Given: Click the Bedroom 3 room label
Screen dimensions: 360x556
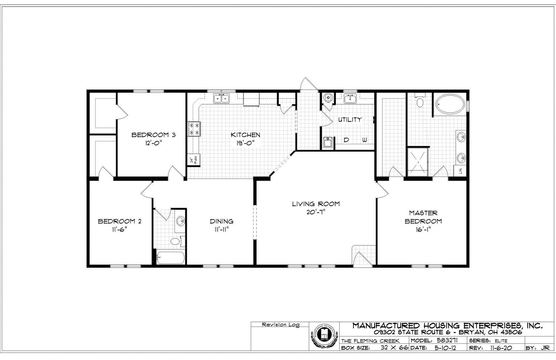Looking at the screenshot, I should [x=153, y=135].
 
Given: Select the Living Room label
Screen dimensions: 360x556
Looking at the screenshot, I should [x=316, y=204].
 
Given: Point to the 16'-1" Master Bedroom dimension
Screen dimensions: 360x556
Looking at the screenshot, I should [x=423, y=230].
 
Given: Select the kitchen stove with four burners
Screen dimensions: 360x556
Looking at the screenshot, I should [x=194, y=129].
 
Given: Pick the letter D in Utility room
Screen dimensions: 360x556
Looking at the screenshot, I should [x=347, y=140].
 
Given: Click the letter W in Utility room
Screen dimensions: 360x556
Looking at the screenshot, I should [x=364, y=140].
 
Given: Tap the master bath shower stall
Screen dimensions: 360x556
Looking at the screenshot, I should [x=418, y=162].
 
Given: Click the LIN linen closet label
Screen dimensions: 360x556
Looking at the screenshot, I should [x=460, y=171].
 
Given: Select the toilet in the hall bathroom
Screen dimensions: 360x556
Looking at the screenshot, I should [x=176, y=241].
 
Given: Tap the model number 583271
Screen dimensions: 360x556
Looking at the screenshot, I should [x=447, y=340].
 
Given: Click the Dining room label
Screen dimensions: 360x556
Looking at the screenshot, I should [x=221, y=221].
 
